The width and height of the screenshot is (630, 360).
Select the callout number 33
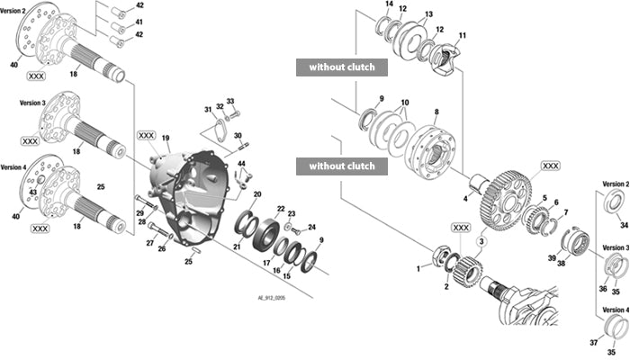(x=230, y=101)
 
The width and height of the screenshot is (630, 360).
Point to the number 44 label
(x=240, y=163)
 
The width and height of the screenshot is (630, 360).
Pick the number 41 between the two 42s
(x=139, y=21)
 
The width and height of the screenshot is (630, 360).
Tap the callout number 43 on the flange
(x=31, y=193)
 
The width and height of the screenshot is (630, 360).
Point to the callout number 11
(x=463, y=36)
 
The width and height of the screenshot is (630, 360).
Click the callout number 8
(x=436, y=112)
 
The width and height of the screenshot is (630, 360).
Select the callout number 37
(x=594, y=343)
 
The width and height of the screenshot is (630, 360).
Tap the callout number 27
(x=150, y=243)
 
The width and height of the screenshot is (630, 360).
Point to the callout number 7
(x=565, y=212)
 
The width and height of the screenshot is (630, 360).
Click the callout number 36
(x=603, y=289)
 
